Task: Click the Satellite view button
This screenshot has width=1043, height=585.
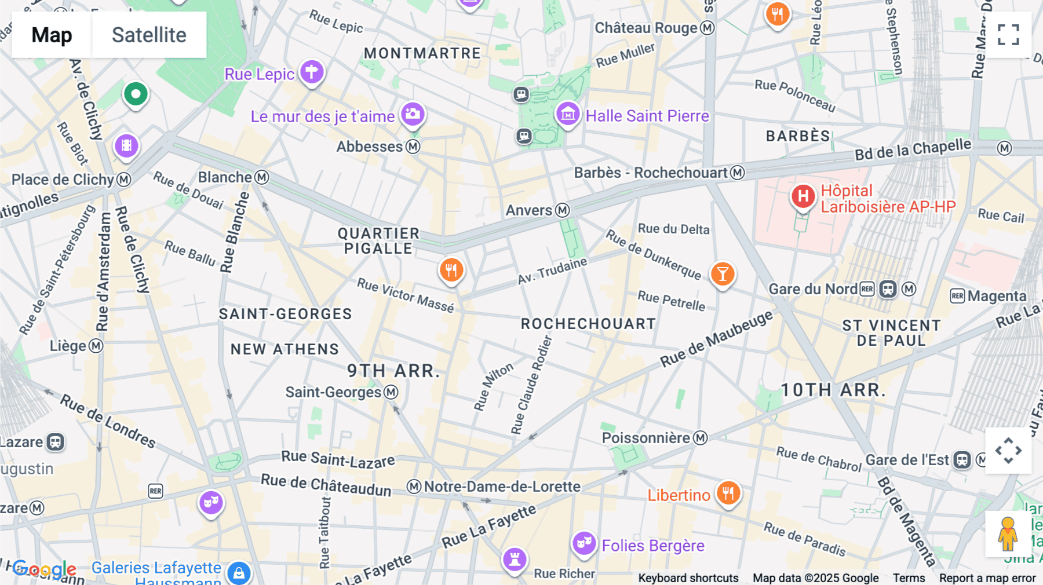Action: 149,35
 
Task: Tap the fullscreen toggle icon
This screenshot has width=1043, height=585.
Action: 1008,35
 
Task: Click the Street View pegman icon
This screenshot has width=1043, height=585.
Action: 1008,533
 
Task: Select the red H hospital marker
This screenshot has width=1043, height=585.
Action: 803,196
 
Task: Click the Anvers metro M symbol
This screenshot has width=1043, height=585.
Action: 562,210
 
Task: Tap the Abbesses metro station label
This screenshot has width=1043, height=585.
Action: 370,147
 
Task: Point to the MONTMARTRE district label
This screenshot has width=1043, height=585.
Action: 422,53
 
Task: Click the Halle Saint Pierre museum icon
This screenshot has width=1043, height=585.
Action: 568,114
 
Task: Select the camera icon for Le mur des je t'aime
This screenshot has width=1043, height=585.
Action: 413,114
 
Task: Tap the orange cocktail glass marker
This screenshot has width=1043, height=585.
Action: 723,273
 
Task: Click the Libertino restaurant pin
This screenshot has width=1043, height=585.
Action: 728,493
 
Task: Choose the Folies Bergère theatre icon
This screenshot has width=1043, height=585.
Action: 584,543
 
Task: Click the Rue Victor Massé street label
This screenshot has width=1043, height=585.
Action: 405,295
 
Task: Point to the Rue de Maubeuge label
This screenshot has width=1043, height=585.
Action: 716,338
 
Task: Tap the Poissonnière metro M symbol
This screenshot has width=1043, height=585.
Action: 701,438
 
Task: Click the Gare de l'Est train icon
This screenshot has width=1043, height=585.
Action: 962,460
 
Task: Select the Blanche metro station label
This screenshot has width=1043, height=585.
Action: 225,177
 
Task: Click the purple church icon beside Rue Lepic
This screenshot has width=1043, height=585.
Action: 312,72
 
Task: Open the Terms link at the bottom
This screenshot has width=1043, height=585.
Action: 908,578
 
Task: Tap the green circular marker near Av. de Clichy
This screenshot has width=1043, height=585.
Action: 136,94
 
